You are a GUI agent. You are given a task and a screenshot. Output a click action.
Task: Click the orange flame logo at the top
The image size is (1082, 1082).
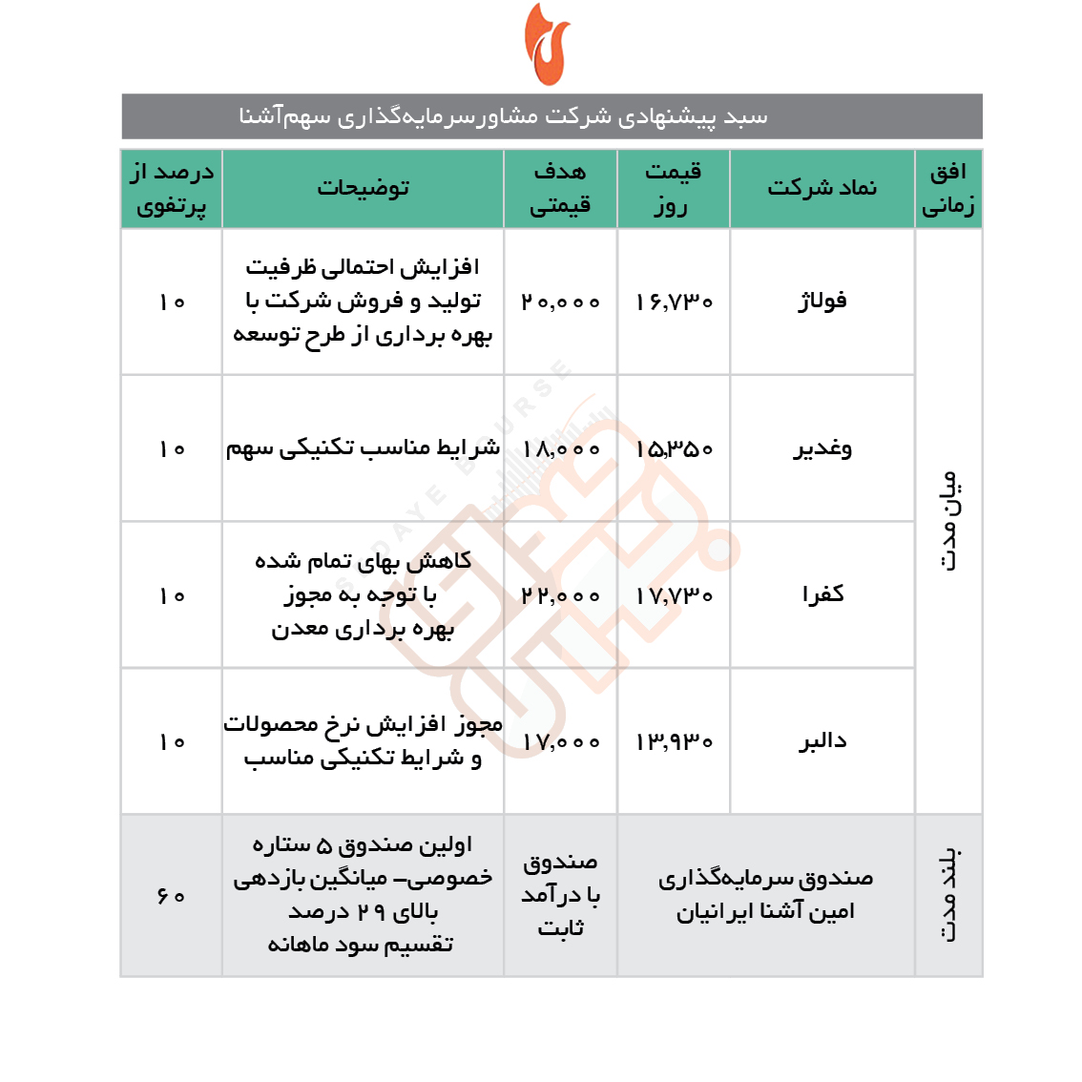pyautogui.click(x=547, y=45)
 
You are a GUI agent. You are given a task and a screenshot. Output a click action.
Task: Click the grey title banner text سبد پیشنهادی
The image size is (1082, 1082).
pyautogui.click(x=504, y=116)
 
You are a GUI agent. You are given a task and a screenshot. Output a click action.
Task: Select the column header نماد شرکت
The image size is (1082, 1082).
pyautogui.click(x=822, y=188)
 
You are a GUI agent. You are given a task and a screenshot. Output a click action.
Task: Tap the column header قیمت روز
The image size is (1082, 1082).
pyautogui.click(x=673, y=188)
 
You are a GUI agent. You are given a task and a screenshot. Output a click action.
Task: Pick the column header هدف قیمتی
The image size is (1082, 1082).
pyautogui.click(x=560, y=188)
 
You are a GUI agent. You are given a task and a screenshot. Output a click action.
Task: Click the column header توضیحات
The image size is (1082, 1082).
pyautogui.click(x=363, y=188)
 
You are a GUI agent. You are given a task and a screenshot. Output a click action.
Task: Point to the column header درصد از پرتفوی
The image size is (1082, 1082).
pyautogui.click(x=172, y=188)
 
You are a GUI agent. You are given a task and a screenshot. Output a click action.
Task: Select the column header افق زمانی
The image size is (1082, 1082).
pyautogui.click(x=947, y=188)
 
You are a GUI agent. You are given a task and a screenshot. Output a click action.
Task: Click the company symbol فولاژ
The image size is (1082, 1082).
pyautogui.click(x=822, y=302)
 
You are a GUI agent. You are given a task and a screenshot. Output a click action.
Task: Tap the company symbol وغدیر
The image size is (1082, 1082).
pyautogui.click(x=822, y=448)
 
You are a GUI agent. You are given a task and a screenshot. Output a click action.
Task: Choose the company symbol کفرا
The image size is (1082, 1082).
pyautogui.click(x=822, y=594)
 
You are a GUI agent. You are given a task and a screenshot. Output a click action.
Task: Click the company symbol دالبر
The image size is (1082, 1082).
pyautogui.click(x=822, y=741)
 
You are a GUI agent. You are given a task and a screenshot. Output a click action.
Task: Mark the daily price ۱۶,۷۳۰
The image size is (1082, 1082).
pyautogui.click(x=674, y=302)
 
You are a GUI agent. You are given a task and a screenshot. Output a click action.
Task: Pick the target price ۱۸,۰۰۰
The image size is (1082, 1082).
pyautogui.click(x=561, y=449)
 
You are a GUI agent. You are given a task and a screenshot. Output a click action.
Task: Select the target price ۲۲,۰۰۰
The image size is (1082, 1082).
pyautogui.click(x=561, y=595)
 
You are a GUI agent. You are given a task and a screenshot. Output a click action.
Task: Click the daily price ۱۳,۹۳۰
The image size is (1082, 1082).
pyautogui.click(x=674, y=742)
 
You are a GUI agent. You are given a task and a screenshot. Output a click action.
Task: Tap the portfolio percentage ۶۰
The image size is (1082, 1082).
pyautogui.click(x=172, y=896)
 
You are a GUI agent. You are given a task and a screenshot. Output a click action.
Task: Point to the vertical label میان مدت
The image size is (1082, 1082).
pyautogui.click(x=948, y=520)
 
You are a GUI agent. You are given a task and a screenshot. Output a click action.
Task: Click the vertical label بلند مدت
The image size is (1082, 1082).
pyautogui.click(x=948, y=895)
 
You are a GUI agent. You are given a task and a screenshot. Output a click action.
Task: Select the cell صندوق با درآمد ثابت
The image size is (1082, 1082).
pyautogui.click(x=561, y=895)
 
